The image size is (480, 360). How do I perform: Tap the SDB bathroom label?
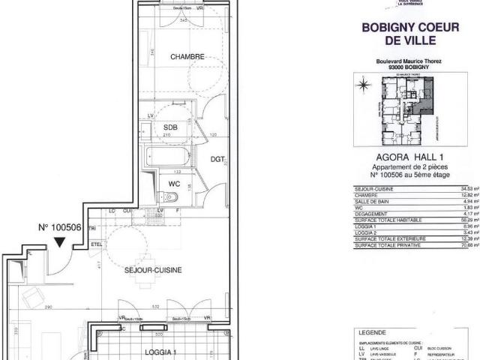tap(170, 127)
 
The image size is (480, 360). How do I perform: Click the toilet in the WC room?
tap(170, 197)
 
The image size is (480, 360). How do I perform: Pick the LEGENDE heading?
tap(374, 331)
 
